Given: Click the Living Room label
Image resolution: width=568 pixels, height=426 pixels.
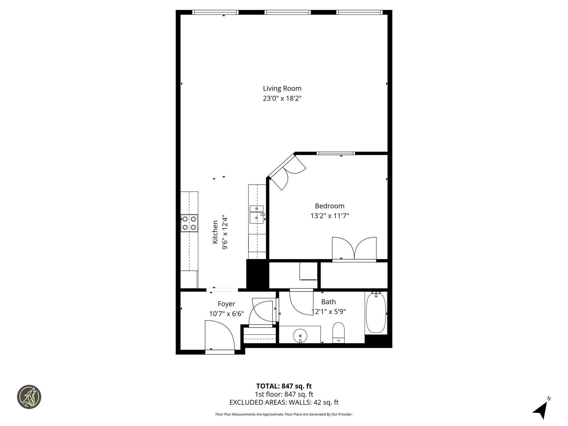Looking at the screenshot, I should [x=282, y=88].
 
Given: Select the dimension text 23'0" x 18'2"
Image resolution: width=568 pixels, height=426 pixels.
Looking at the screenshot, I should [x=282, y=98].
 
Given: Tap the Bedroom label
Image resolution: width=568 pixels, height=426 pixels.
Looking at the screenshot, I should [x=330, y=206].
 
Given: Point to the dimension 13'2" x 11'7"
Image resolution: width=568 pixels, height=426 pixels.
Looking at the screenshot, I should [x=330, y=216].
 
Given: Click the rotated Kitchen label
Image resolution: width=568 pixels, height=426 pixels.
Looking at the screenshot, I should [x=215, y=232].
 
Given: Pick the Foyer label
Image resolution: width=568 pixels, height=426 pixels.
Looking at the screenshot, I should [x=226, y=304].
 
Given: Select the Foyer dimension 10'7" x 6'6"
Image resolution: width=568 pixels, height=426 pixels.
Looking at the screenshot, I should [x=226, y=314].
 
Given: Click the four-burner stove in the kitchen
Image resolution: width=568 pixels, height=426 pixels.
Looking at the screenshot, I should [x=189, y=223].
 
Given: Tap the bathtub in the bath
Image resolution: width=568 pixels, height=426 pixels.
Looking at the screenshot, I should [x=376, y=313].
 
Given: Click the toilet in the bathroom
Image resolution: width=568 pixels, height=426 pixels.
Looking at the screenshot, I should [x=339, y=333].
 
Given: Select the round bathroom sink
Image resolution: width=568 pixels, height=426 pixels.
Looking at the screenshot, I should [x=300, y=335].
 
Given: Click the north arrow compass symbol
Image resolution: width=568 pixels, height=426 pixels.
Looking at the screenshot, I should [x=541, y=410].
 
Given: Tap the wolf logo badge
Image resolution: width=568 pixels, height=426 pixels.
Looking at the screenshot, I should [x=29, y=397].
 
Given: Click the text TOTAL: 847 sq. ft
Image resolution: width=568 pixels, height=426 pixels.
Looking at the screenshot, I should [x=284, y=386].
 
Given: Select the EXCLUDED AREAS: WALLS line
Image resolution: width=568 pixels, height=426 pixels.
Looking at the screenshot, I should [x=284, y=402].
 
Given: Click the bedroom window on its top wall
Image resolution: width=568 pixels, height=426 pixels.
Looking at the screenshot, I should [x=335, y=153].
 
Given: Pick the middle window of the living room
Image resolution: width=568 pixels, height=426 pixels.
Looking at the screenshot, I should [x=287, y=12].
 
